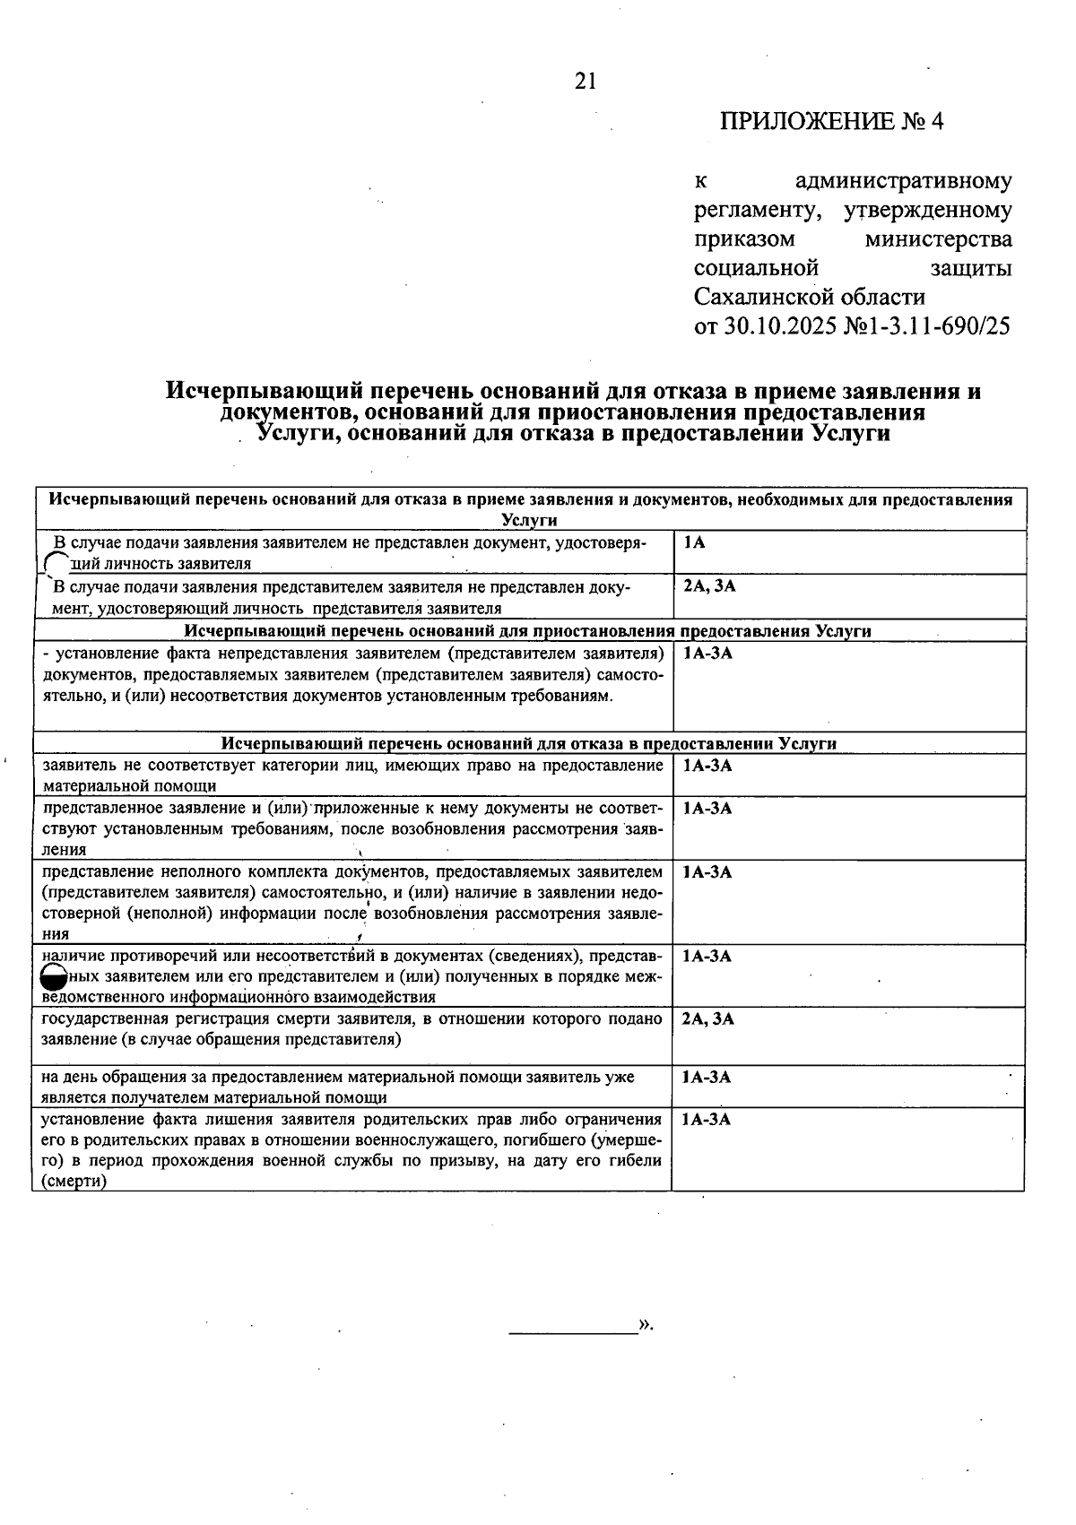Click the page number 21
585,82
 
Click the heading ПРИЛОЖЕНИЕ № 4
831,122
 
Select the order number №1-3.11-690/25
927,325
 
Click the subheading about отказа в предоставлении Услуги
529,743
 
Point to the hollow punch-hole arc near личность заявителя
56,561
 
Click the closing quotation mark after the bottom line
646,1325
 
